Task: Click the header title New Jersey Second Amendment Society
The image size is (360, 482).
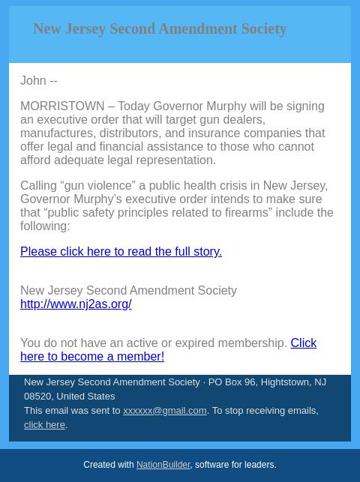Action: [x=160, y=29]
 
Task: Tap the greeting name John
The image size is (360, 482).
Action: [x=33, y=81]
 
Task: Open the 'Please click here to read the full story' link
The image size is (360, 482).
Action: [x=121, y=252]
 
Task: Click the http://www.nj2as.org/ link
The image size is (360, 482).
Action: [x=76, y=304]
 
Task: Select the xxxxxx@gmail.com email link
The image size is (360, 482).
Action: [x=164, y=411]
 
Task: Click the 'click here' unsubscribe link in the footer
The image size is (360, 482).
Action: [x=44, y=425]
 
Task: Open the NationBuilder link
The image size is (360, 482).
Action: [x=163, y=466]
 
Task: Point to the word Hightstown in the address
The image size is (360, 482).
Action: [x=285, y=382]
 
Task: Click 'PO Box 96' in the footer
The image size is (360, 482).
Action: [x=231, y=382]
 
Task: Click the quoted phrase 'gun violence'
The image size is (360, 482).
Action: [x=97, y=186]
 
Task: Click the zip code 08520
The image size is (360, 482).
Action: [x=37, y=397]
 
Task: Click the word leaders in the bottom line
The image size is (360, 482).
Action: [x=259, y=466]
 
